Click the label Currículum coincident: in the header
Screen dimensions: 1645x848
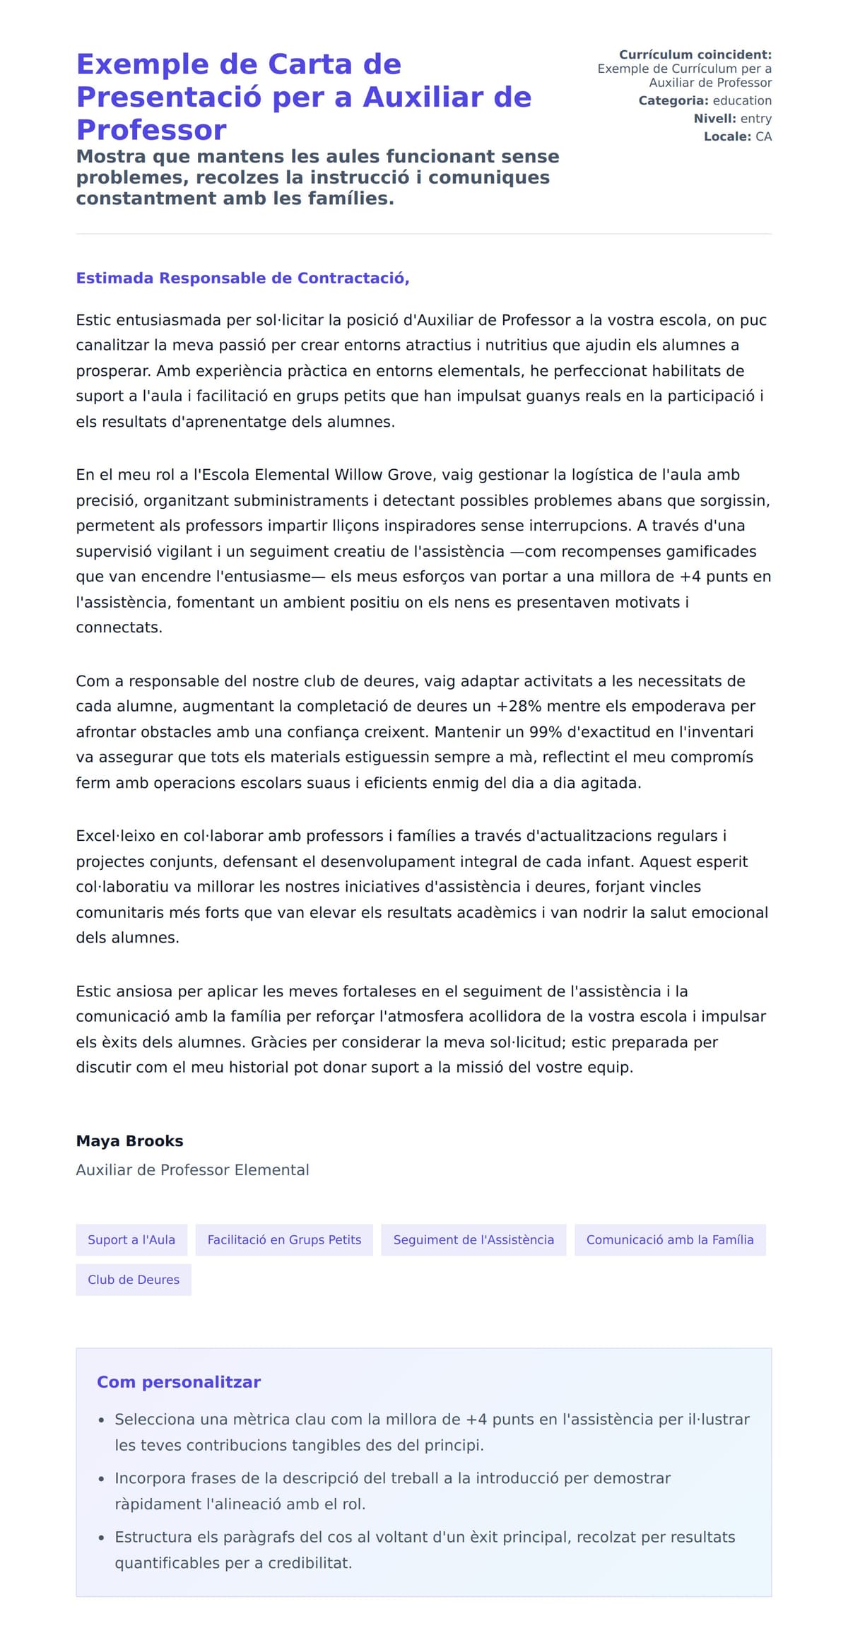point(695,54)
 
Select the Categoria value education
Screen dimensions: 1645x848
point(741,101)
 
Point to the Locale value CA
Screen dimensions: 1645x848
point(763,136)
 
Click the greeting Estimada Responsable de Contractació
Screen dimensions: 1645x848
point(242,278)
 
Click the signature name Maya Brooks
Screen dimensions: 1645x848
point(129,1141)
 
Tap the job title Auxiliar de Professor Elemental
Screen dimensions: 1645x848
point(192,1170)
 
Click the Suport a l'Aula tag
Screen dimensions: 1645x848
point(131,1240)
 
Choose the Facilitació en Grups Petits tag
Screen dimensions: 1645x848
point(284,1240)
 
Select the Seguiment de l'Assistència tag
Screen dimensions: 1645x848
point(473,1240)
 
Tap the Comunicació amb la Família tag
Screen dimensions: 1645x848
point(669,1240)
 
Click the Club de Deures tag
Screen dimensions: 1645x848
point(134,1280)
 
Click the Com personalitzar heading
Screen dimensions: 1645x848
point(179,1382)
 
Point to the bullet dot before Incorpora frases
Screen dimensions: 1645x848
point(102,1479)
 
